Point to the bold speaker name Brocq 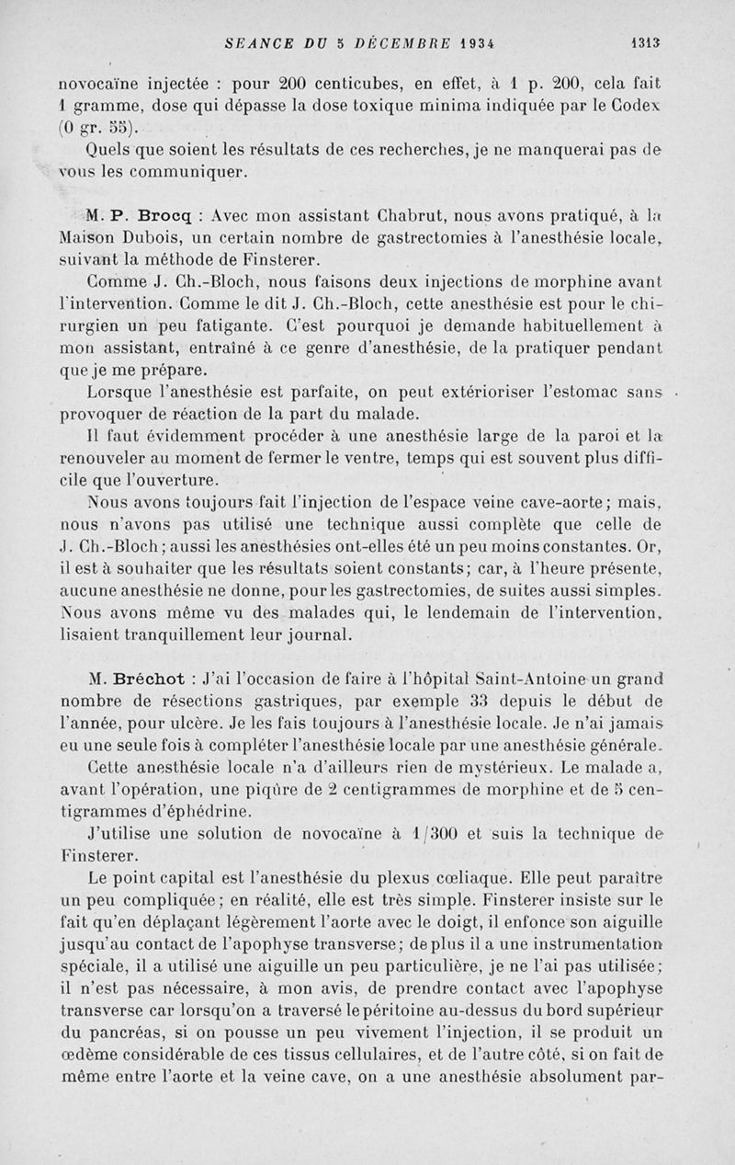tap(165, 217)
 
